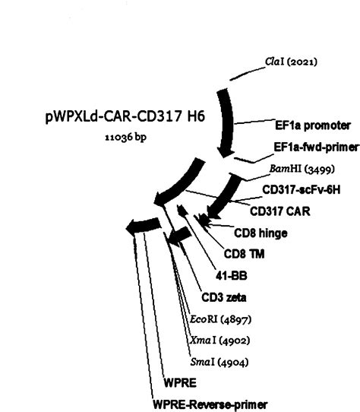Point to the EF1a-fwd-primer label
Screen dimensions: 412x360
tap(305, 146)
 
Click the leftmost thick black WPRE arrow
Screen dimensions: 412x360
tap(144, 225)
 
